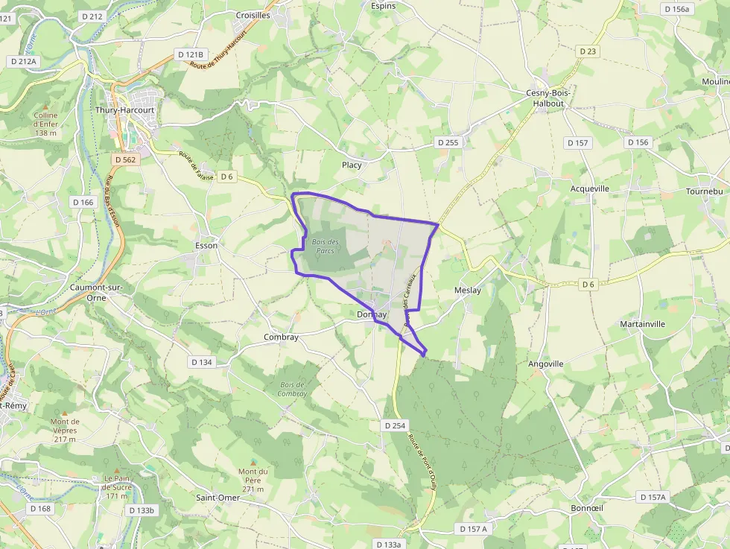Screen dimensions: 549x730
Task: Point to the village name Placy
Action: (x=352, y=165)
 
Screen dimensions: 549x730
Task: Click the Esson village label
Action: (x=206, y=245)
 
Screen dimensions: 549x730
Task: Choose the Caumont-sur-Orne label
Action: (x=96, y=292)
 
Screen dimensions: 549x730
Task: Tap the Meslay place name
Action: (x=467, y=291)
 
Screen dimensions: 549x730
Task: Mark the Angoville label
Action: (x=545, y=364)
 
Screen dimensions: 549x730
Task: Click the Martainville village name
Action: (x=642, y=324)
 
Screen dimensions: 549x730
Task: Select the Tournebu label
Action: (x=704, y=191)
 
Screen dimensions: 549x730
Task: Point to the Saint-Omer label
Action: (x=218, y=498)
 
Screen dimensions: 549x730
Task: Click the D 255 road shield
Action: (x=448, y=142)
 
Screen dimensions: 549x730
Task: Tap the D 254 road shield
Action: (x=396, y=425)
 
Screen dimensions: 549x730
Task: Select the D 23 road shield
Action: (x=587, y=51)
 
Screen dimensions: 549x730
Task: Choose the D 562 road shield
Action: (x=126, y=159)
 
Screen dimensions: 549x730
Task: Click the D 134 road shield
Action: (x=201, y=362)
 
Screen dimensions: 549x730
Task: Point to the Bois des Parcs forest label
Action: (x=325, y=246)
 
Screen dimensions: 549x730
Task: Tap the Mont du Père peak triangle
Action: (x=253, y=463)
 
